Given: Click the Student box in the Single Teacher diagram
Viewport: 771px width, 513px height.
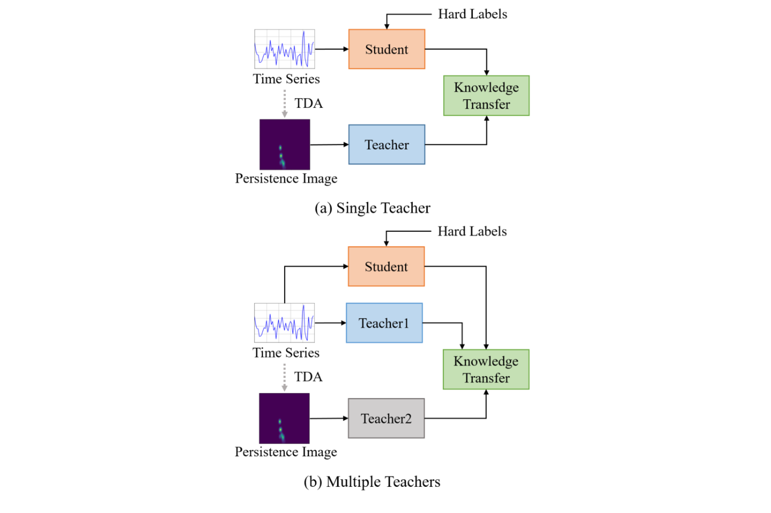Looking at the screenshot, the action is point(387,49).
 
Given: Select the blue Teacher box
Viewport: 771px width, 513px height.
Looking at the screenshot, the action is point(387,144).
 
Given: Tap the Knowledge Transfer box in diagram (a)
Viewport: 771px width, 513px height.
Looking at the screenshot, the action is point(486,95).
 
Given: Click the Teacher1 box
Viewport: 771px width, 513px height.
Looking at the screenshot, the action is point(384,323).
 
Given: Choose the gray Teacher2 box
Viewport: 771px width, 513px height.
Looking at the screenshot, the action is point(386,418).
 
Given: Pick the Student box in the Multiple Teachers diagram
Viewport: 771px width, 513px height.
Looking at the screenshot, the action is point(386,266).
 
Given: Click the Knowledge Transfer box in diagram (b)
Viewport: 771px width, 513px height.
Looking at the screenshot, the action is point(486,370).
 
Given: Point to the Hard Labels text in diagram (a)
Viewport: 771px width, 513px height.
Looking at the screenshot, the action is point(473,14).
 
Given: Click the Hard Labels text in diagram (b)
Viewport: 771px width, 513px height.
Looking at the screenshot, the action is point(472,231).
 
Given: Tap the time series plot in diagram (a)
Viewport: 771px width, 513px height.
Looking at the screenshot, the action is point(285,49).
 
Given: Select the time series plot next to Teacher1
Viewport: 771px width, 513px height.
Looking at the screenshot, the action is point(284,323).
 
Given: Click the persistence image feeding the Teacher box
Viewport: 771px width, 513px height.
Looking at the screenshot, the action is point(285,144).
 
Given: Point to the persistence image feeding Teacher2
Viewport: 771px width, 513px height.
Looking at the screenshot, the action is point(284,418).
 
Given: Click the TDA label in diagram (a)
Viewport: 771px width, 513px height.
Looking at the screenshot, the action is point(309,103).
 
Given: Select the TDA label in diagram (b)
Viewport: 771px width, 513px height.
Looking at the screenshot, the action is point(309,377).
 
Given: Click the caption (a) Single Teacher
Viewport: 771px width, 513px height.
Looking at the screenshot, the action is point(372,208).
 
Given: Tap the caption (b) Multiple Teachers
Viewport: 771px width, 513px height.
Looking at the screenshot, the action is point(372,482).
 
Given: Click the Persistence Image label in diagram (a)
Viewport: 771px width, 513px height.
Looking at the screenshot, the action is point(286,178).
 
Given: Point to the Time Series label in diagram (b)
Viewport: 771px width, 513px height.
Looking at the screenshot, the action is point(286,353).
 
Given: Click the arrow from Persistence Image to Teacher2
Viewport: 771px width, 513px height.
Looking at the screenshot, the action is point(329,418).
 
